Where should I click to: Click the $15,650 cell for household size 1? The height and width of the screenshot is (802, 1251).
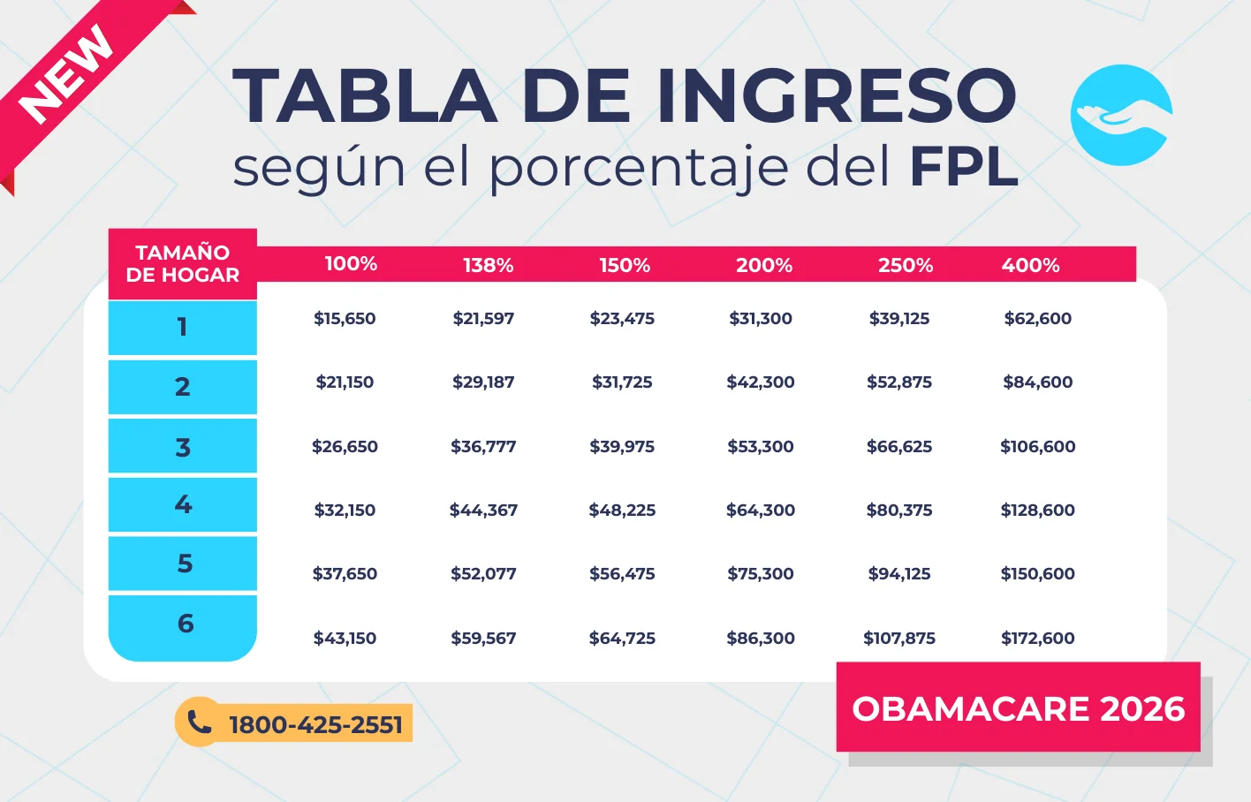pyautogui.click(x=345, y=319)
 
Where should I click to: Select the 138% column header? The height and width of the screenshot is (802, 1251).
pyautogui.click(x=488, y=265)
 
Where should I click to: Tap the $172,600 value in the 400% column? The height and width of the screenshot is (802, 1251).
pyautogui.click(x=1037, y=638)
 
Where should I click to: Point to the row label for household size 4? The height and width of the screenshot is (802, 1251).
pyautogui.click(x=183, y=504)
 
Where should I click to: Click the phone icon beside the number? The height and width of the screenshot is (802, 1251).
pyautogui.click(x=199, y=723)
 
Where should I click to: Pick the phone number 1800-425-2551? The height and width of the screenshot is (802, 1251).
pyautogui.click(x=315, y=725)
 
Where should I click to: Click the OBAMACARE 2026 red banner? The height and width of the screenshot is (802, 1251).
pyautogui.click(x=1018, y=708)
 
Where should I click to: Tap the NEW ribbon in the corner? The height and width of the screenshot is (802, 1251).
pyautogui.click(x=66, y=75)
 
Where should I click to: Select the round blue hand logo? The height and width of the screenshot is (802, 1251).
pyautogui.click(x=1121, y=115)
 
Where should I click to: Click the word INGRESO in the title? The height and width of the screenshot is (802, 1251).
pyautogui.click(x=836, y=95)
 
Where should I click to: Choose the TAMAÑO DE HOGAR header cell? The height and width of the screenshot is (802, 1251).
pyautogui.click(x=182, y=263)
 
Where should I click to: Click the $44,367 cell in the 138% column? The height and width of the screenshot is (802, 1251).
pyautogui.click(x=483, y=510)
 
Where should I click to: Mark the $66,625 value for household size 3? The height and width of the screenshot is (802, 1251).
pyautogui.click(x=898, y=446)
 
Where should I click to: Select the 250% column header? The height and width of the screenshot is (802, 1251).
pyautogui.click(x=905, y=265)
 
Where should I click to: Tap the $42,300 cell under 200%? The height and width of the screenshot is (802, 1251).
pyautogui.click(x=760, y=382)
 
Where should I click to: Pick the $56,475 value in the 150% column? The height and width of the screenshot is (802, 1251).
pyautogui.click(x=622, y=574)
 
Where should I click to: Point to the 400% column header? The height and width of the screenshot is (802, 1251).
pyautogui.click(x=1030, y=265)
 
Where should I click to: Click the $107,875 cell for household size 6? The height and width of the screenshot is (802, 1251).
pyautogui.click(x=898, y=638)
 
